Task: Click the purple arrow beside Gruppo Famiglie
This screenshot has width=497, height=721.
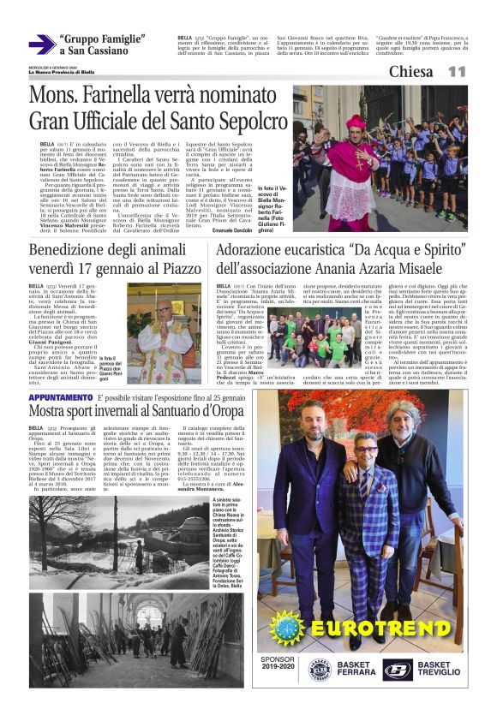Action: click(42, 45)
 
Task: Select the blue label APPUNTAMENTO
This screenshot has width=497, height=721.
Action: click(60, 397)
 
